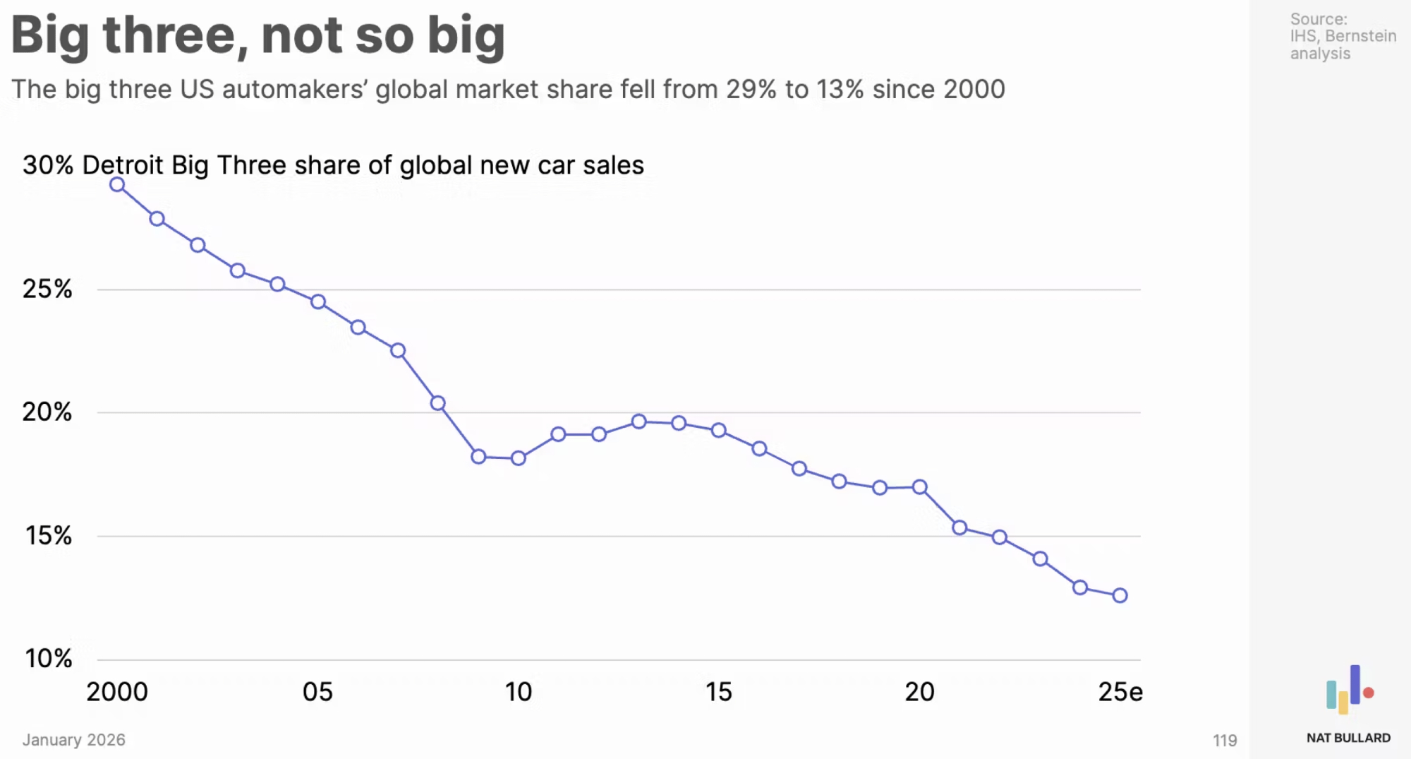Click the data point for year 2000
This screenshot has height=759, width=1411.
117,185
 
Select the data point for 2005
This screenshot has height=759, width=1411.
318,302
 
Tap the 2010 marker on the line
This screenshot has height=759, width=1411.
519,458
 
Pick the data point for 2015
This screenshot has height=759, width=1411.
719,430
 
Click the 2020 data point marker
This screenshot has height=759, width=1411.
920,487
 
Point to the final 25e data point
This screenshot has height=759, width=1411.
1120,596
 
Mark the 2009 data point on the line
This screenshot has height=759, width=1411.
478,457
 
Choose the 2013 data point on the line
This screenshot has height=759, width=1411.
639,422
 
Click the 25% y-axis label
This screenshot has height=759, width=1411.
47,289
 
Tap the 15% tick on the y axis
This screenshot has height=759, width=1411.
48,536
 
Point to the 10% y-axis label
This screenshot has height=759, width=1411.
48,659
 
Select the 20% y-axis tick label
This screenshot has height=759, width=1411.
47,412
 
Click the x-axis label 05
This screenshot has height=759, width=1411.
317,692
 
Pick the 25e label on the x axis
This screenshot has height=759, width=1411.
1120,692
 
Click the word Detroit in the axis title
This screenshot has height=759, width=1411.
123,165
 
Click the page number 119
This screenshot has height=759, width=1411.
1225,740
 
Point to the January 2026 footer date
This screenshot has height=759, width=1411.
73,740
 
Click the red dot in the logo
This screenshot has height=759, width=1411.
1369,693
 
